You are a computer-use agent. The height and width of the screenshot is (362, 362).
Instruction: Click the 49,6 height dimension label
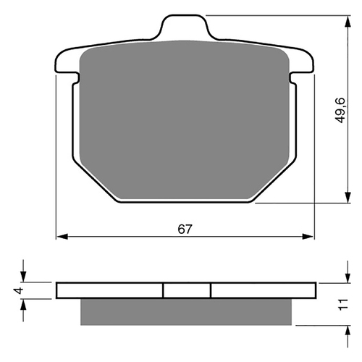tap(341, 110)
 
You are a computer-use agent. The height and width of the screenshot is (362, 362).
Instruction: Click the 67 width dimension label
tap(185, 229)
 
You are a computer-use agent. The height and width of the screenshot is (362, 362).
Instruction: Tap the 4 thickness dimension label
tap(20, 290)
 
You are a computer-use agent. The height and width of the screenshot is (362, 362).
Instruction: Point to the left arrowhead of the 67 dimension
tap(62, 237)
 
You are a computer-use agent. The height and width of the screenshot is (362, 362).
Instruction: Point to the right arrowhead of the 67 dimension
tap(308, 237)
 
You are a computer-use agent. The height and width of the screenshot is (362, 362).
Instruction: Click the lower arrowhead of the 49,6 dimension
tap(348, 197)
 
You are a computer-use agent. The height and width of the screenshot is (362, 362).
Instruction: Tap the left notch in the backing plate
tap(76, 77)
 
